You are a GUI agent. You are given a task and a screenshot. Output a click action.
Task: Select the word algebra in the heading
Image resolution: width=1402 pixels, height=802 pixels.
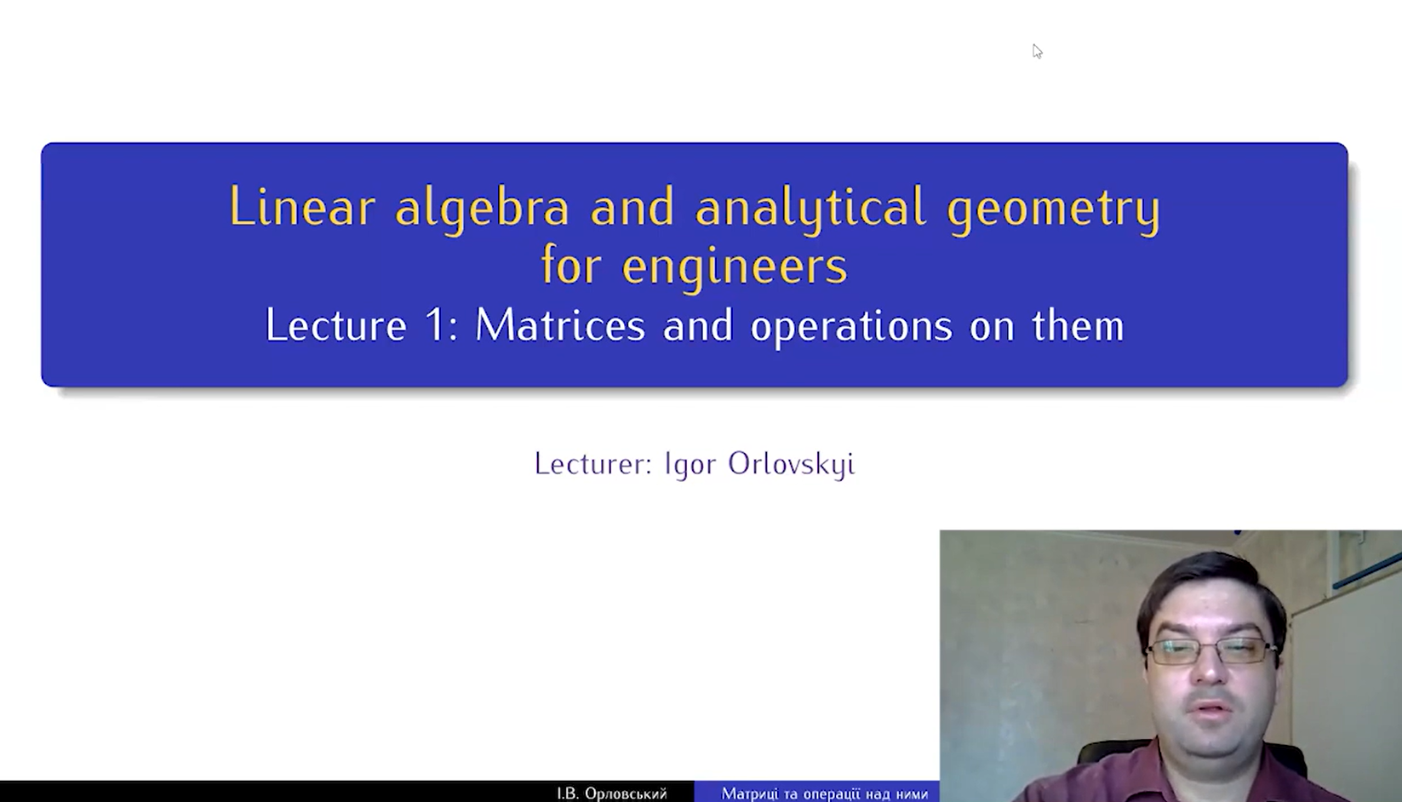pos(482,209)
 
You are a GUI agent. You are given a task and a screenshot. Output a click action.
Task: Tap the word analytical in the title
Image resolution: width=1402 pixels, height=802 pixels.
pos(810,209)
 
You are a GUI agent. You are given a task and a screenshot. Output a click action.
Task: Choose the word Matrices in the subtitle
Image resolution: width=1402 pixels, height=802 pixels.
pos(560,325)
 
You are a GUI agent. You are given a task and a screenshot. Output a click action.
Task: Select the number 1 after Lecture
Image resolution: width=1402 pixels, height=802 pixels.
pos(436,325)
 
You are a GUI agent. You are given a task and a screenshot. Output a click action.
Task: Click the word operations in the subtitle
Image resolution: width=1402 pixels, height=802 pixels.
pos(851,328)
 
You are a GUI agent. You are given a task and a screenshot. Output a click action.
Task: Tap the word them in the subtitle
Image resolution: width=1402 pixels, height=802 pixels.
pos(1078,325)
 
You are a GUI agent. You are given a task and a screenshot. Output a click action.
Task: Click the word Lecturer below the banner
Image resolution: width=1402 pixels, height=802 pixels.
pos(593,464)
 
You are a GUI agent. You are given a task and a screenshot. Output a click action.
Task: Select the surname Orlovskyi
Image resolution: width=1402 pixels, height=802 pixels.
pos(791,465)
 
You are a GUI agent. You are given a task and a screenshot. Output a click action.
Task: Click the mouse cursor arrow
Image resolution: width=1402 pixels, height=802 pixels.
pos(1037,51)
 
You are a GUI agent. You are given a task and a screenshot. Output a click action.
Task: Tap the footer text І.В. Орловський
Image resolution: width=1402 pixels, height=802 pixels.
pos(611,793)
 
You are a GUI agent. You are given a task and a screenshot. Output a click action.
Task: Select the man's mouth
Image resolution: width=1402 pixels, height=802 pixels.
pos(1211,708)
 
